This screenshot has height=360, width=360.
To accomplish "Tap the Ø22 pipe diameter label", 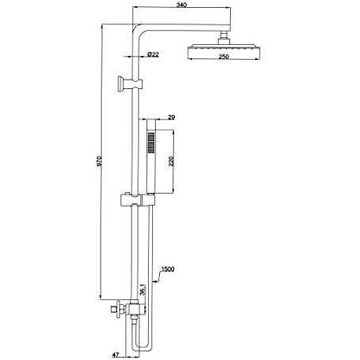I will point(154,54).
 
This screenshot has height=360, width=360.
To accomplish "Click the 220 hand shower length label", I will point(171,166).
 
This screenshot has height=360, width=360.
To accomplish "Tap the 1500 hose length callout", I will point(167,269).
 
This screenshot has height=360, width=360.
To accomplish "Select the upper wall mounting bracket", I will point(125,82).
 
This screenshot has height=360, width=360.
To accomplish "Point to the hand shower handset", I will point(151,158).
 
